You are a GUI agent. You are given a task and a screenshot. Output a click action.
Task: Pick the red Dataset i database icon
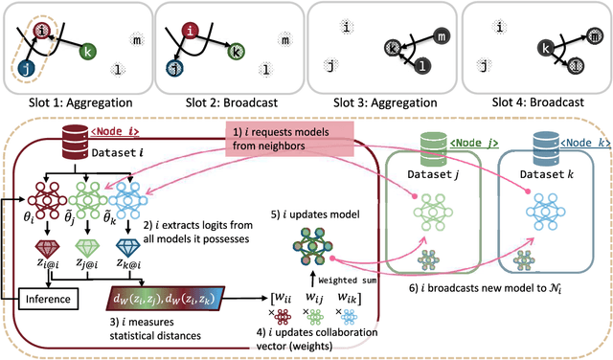pyautogui.click(x=76, y=140)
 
